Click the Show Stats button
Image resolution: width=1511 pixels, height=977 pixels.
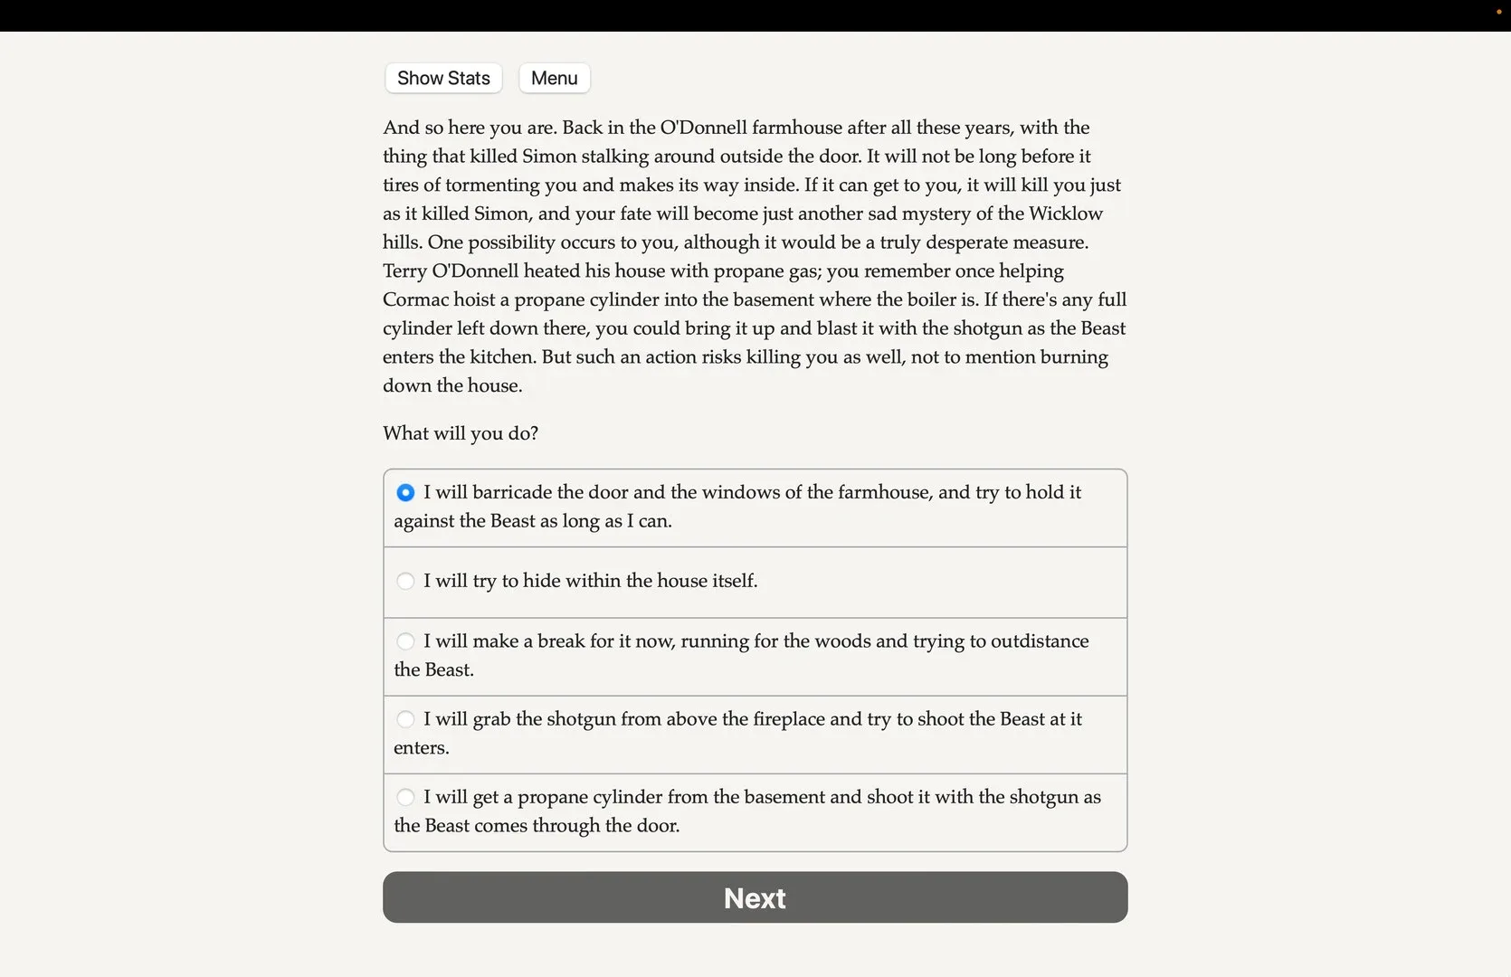(443, 78)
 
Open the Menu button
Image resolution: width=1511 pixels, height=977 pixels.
(554, 78)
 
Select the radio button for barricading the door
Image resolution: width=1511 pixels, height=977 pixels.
(405, 492)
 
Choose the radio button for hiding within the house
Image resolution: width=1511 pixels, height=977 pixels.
(405, 581)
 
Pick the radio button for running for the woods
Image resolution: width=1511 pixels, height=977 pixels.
(405, 641)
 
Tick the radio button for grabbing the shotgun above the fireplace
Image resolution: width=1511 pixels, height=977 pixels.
(405, 719)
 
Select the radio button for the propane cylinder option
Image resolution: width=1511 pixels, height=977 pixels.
(405, 797)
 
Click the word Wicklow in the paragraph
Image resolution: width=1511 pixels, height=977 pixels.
(1066, 213)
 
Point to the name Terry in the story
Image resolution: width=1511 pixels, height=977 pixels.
(404, 271)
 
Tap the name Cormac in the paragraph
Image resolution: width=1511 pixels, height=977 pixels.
(413, 299)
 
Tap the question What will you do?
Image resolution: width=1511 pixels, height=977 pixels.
(461, 433)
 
